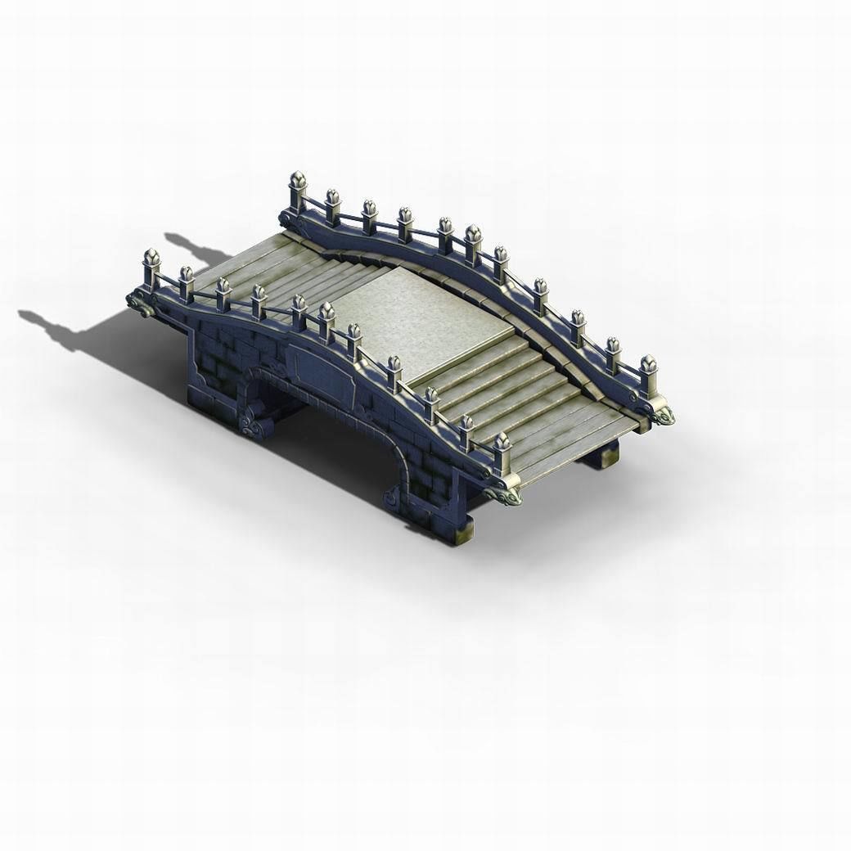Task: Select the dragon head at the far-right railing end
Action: click(661, 416)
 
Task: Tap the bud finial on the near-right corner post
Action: click(502, 443)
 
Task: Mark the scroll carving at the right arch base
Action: click(395, 493)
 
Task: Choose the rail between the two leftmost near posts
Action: click(169, 283)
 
